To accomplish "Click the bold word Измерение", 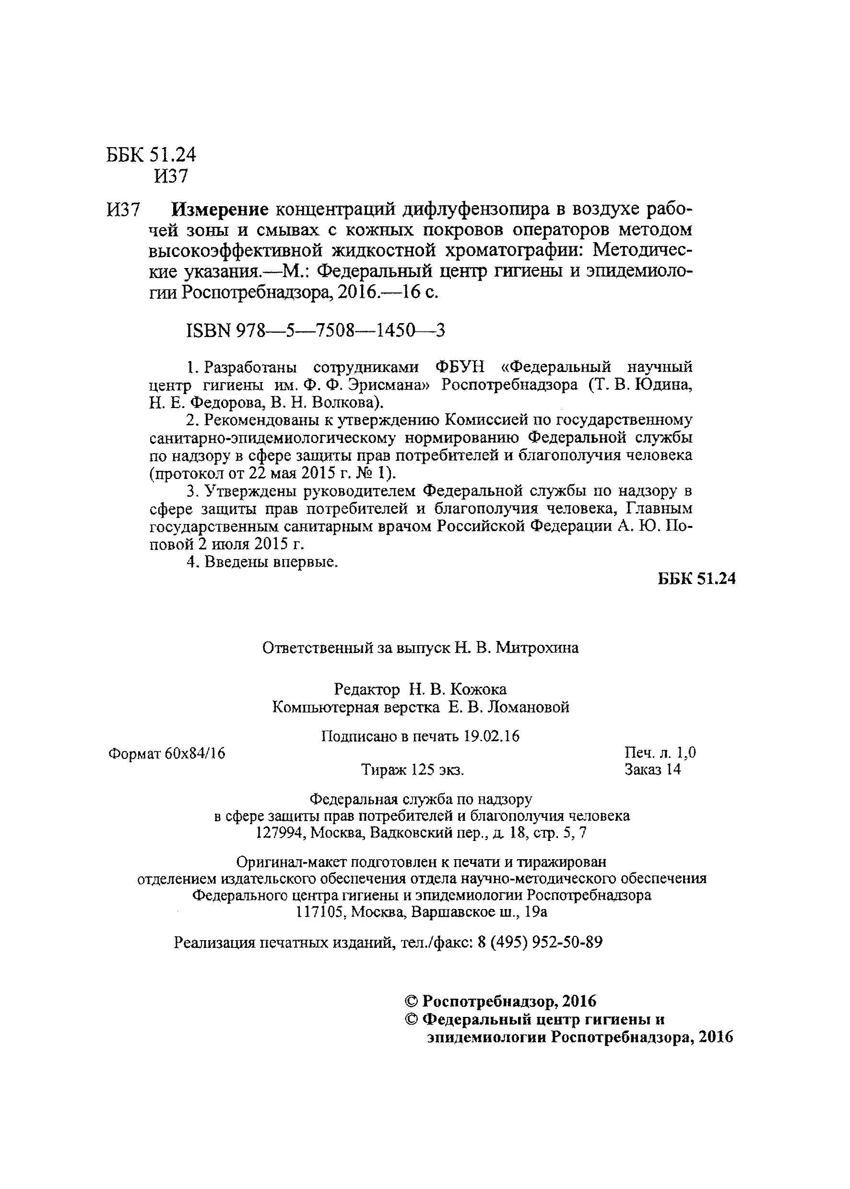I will [220, 210].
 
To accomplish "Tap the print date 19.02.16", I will [492, 736].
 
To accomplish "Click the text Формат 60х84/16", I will [166, 753].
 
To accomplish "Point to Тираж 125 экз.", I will [413, 770].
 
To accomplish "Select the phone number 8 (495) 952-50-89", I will [540, 942].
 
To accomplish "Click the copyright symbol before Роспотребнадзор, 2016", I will [412, 1001].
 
